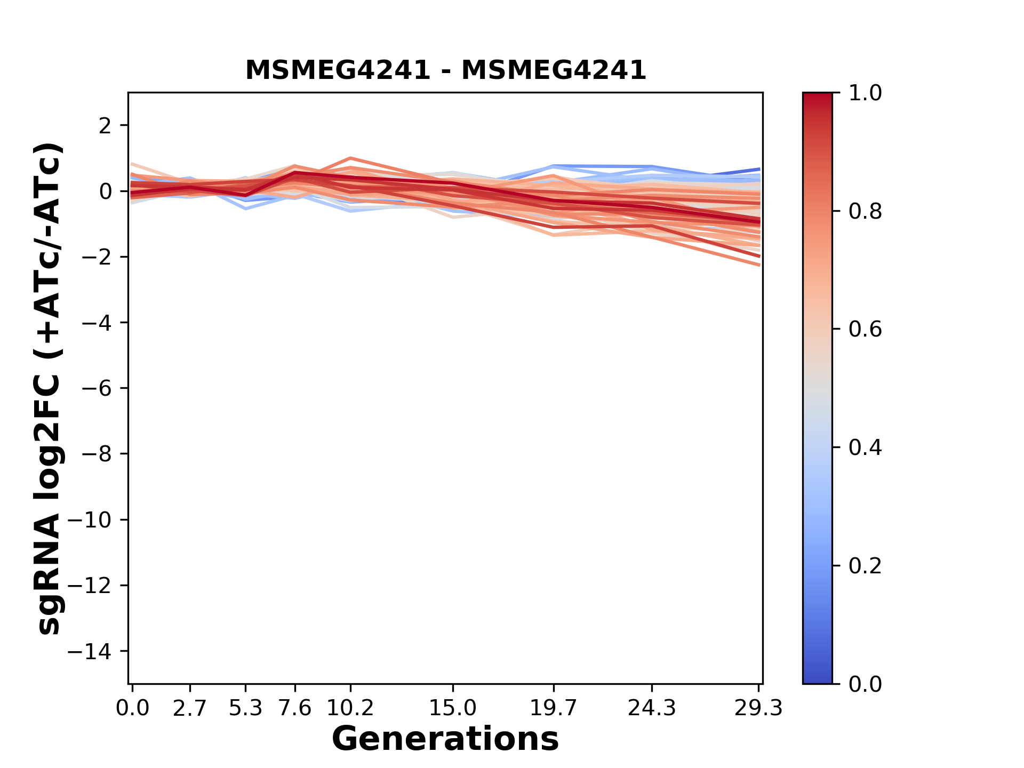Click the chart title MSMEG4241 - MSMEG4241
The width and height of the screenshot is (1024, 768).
445,70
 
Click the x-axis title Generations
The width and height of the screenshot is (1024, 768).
445,739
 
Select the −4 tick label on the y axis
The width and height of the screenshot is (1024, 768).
97,323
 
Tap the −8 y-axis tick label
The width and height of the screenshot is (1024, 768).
97,454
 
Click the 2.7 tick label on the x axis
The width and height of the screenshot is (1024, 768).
190,708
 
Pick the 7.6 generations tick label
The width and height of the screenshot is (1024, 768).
295,708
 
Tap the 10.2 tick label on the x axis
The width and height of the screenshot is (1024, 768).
350,708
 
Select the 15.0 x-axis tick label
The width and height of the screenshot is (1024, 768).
453,708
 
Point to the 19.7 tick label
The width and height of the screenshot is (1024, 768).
554,708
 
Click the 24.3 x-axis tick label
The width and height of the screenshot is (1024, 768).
652,708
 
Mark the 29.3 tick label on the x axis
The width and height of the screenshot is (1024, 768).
758,708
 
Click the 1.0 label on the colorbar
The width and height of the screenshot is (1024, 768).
865,93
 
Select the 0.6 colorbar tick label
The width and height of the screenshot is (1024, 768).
865,330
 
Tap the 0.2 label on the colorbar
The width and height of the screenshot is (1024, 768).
865,566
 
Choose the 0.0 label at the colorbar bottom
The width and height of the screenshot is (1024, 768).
865,684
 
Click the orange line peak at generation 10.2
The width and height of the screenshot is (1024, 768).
350,158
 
